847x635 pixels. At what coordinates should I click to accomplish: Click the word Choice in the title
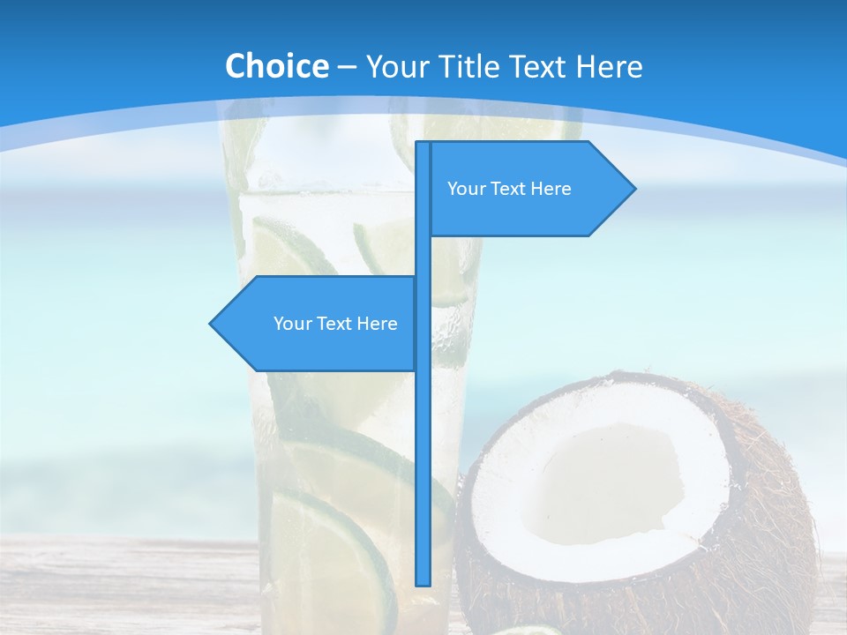[276, 66]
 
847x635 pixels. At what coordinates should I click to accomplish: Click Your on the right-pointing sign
[465, 189]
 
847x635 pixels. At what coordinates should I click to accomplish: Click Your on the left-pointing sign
[292, 324]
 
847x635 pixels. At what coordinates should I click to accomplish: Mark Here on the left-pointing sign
[377, 324]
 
